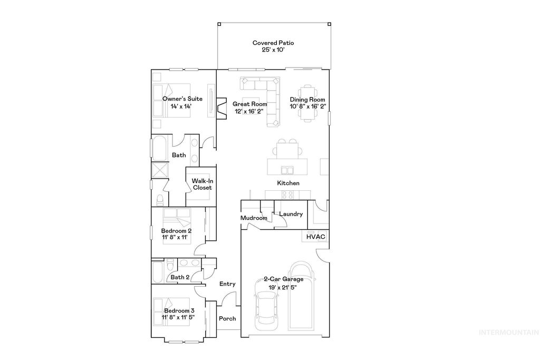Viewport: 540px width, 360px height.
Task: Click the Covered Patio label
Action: [273, 43]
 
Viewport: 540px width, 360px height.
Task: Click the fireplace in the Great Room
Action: [221, 108]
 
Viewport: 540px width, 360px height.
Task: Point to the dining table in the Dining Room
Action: [307, 103]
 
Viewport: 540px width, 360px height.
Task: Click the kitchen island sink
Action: [288, 170]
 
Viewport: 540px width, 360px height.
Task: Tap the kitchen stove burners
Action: [287, 194]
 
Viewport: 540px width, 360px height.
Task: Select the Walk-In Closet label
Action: [201, 184]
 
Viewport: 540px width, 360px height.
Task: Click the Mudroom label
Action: [254, 218]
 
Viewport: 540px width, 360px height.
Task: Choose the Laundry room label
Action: [291, 214]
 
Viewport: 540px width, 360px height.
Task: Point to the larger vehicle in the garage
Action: [300, 295]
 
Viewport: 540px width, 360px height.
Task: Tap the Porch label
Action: [227, 319]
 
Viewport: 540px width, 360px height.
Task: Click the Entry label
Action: [227, 284]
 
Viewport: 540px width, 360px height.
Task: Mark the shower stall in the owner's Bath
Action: [159, 172]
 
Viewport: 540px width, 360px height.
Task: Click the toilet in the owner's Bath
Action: [159, 199]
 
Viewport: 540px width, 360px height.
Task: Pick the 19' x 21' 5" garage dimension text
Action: [279, 287]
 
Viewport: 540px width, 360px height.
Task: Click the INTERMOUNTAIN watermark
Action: [508, 333]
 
